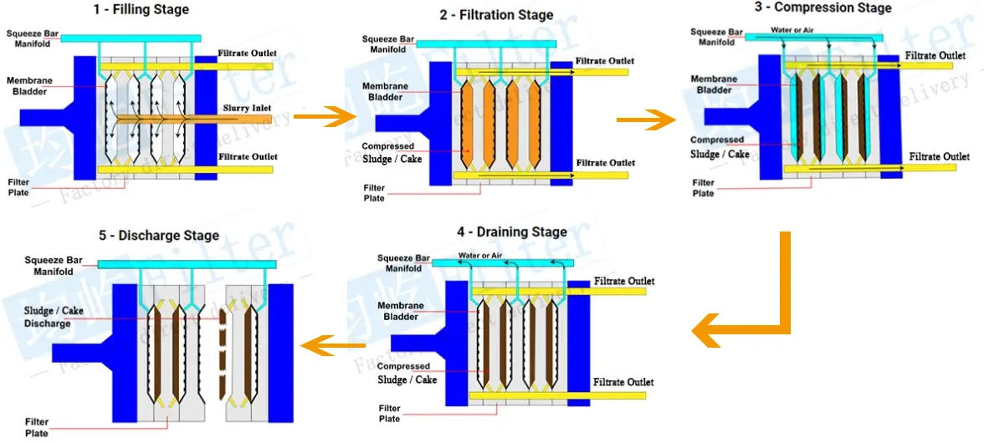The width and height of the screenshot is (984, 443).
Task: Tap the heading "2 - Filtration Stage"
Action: pos(496,15)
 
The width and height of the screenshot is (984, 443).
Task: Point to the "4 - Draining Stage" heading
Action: pos(511,232)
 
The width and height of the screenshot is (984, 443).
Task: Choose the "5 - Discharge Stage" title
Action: pos(159,236)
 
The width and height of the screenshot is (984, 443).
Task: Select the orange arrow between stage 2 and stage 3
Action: pos(645,120)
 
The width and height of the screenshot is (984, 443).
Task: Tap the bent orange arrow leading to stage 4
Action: pos(753,318)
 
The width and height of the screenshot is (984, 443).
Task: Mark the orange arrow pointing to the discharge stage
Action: pos(332,345)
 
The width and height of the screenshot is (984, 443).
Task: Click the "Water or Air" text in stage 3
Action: pos(792,30)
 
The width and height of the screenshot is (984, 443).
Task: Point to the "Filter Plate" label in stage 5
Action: pos(37,427)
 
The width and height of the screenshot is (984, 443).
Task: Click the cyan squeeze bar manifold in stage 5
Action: pos(187,264)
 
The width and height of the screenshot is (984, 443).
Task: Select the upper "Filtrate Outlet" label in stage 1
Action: pos(248,53)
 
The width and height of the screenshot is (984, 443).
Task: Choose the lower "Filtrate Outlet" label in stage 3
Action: pos(940,156)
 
